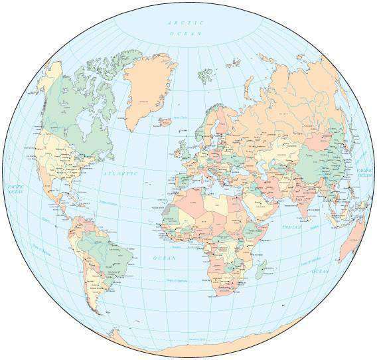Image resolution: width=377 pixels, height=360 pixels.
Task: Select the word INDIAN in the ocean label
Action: pos(291,227)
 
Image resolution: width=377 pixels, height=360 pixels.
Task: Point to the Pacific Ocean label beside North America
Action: pos(15,189)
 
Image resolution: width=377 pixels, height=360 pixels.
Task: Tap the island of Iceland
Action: pos(163,122)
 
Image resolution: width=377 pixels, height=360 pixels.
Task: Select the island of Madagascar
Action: pos(264,269)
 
